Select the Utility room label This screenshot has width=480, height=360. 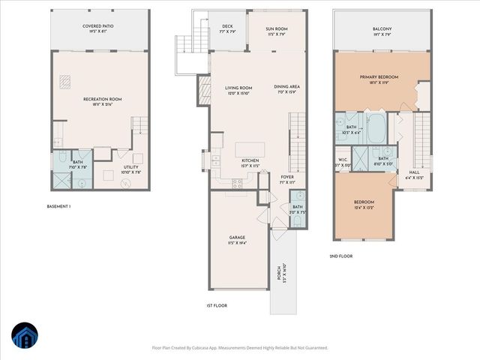131,169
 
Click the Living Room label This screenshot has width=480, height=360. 238,90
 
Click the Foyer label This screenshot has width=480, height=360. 288,178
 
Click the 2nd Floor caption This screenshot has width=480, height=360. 341,256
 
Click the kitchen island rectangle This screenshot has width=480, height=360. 253,148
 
